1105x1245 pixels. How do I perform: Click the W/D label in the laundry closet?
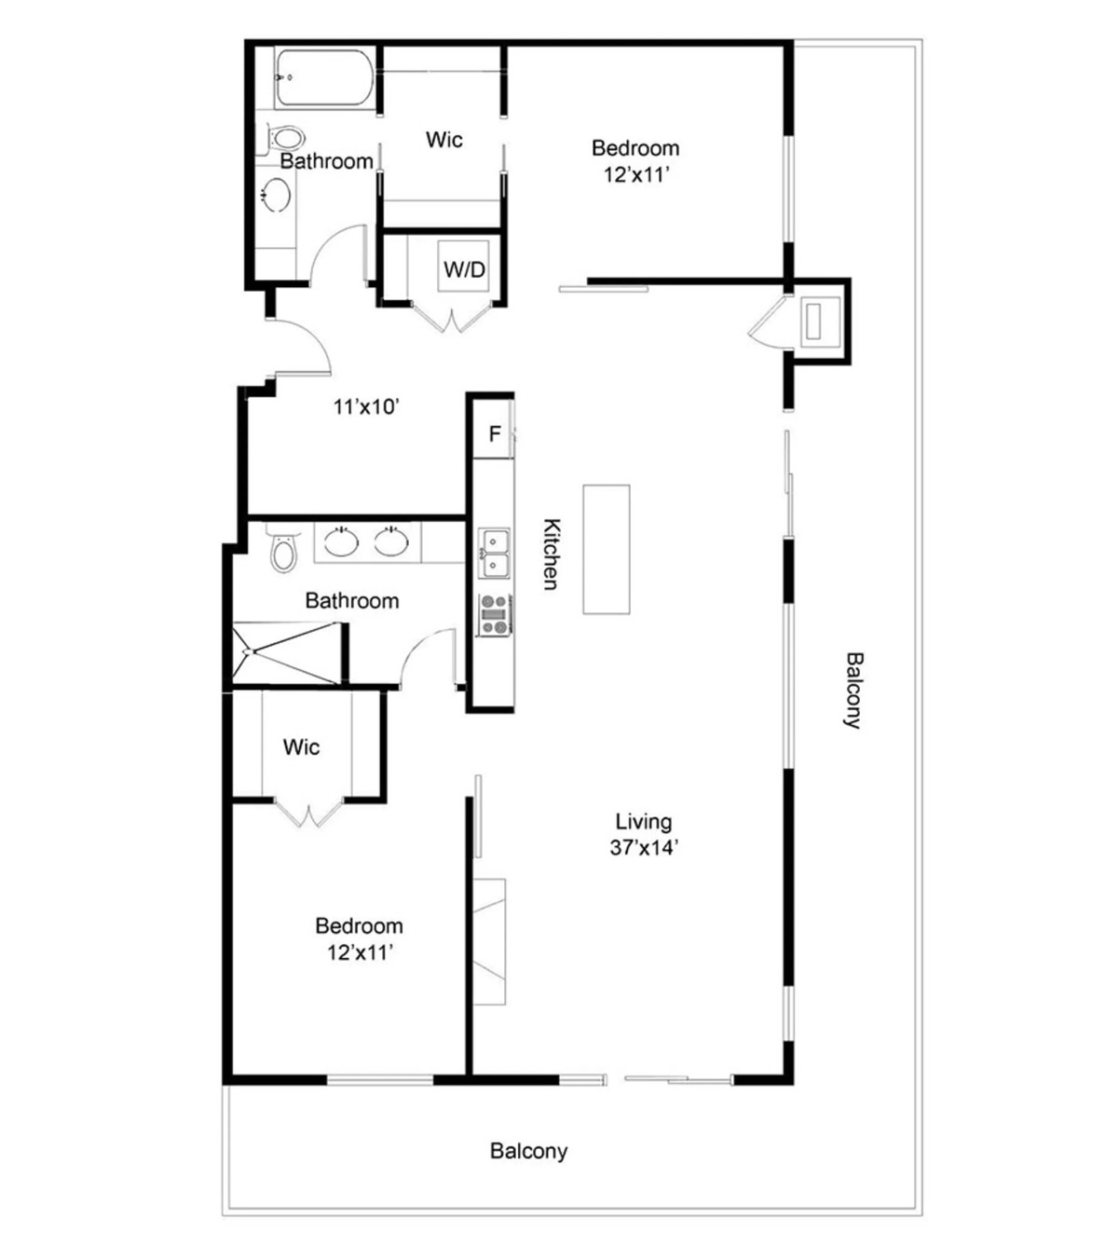click(x=465, y=269)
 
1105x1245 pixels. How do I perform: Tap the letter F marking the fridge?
click(x=494, y=434)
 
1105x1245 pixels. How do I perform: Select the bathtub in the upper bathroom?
click(x=323, y=78)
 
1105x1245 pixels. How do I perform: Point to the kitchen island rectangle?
click(x=606, y=549)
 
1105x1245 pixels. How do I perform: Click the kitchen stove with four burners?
click(x=495, y=614)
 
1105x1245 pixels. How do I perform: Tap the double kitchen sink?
click(x=495, y=553)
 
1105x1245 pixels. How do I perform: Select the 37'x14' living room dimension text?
click(x=644, y=848)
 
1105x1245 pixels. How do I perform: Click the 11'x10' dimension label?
click(x=367, y=406)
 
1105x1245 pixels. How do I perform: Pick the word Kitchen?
click(x=552, y=554)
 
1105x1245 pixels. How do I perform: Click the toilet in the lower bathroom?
click(x=283, y=551)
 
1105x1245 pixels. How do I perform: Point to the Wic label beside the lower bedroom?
click(x=301, y=747)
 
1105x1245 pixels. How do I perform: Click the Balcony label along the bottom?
click(x=528, y=1151)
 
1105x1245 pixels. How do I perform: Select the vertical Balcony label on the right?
click(x=853, y=691)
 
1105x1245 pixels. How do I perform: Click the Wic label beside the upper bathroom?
click(x=443, y=140)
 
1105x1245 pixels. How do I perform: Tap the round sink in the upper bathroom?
click(x=276, y=195)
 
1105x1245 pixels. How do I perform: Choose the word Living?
click(x=644, y=822)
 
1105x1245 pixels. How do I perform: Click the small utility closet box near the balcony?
click(x=821, y=321)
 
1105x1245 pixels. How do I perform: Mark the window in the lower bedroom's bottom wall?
click(x=380, y=1080)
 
